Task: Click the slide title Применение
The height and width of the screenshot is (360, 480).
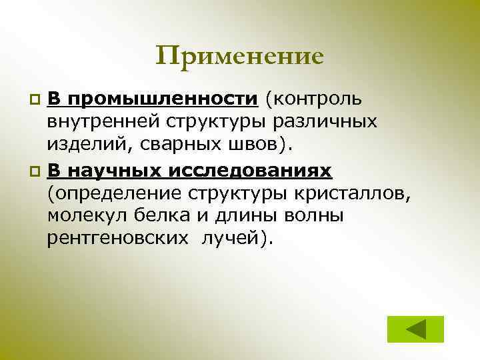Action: tap(240, 56)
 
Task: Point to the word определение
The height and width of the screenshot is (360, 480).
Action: tap(125, 193)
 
